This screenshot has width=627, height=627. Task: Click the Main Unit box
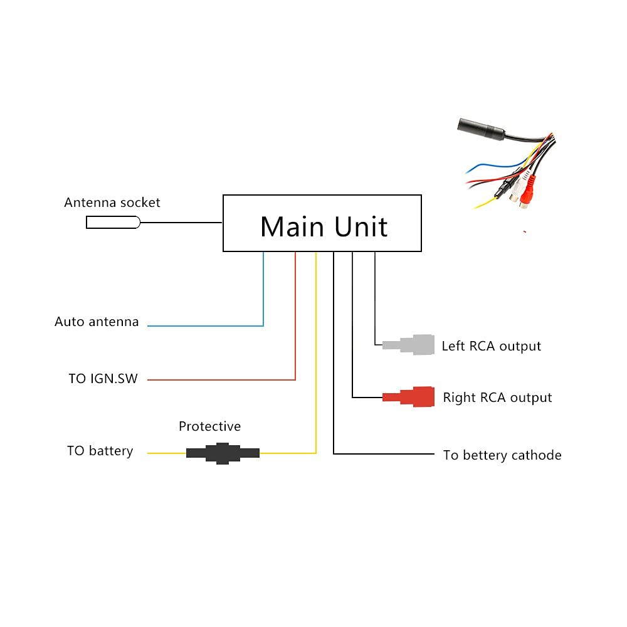point(322,223)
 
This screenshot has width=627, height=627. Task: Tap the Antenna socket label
point(112,203)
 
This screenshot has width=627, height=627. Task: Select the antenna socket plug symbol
point(113,222)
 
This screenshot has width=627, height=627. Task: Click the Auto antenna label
point(97,322)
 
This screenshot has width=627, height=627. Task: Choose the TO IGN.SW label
point(103,379)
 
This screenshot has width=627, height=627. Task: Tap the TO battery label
point(100,451)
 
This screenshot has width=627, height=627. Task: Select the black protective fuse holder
point(223,453)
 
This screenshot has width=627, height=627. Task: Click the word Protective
point(209,426)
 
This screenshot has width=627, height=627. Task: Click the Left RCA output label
point(491,346)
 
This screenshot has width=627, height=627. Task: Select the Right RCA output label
point(497,398)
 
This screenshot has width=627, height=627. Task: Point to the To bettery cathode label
point(502,455)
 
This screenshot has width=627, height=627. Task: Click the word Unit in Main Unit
point(361,226)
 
